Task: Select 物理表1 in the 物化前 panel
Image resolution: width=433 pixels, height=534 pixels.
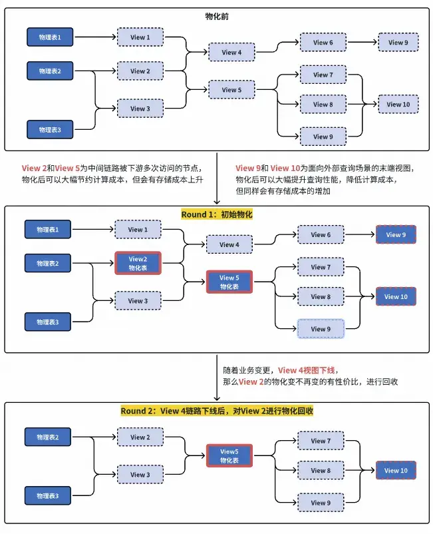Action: [50, 37]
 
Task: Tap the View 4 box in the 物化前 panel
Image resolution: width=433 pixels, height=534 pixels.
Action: [231, 52]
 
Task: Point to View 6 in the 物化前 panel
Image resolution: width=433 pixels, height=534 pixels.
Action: [323, 43]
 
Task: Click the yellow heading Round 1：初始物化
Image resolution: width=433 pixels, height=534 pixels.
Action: [217, 214]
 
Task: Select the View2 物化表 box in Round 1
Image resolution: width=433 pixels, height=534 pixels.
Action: [138, 263]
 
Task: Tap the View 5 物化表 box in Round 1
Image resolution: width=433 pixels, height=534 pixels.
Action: [229, 282]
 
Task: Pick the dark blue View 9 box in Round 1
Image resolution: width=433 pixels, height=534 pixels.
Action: [396, 234]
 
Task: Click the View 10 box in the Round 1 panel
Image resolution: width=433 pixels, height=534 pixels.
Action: [396, 296]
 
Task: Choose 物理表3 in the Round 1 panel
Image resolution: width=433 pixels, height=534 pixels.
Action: [48, 322]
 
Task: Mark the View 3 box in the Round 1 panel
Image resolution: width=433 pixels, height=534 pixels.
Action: [138, 301]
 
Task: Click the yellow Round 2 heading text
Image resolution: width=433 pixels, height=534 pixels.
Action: [217, 411]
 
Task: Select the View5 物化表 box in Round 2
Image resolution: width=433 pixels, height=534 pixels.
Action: [229, 455]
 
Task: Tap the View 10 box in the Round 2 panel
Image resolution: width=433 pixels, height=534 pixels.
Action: [396, 470]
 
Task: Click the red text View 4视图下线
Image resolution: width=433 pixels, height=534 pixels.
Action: [308, 370]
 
